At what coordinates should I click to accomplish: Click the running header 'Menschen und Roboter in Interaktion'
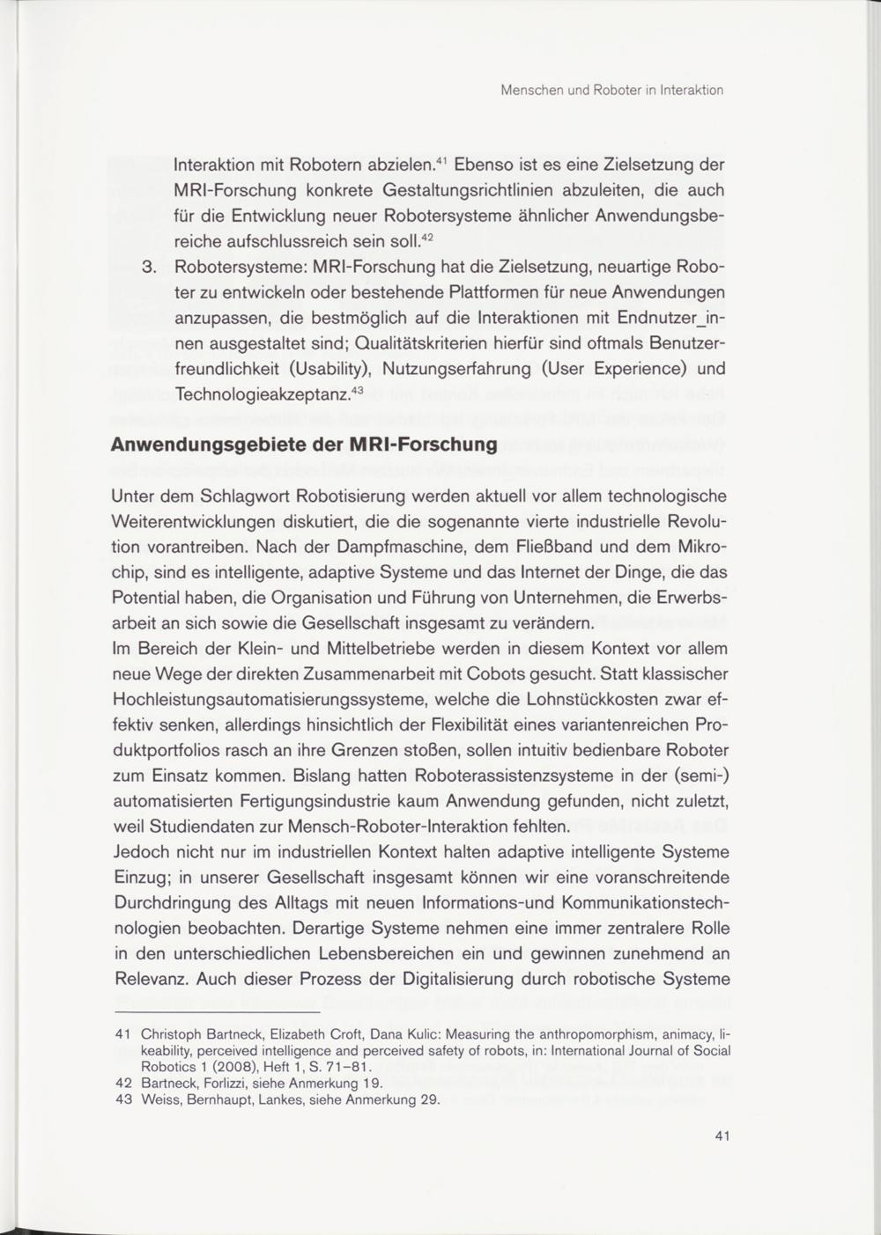(611, 90)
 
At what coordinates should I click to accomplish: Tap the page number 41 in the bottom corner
(722, 1136)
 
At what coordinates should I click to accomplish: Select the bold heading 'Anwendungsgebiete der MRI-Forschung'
(304, 444)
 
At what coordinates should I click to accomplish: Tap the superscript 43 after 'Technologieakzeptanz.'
(357, 390)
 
